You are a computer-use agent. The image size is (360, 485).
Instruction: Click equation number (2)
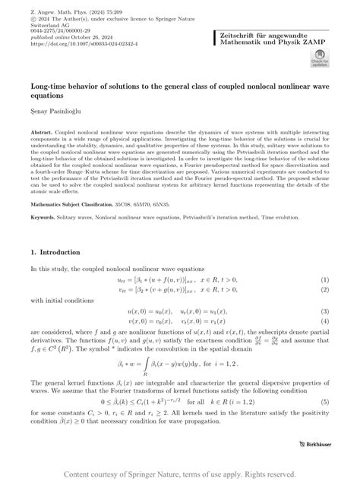(x=325, y=290)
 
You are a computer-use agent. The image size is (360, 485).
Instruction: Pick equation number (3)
(x=325, y=311)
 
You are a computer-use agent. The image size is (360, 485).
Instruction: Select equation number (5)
(x=325, y=400)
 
